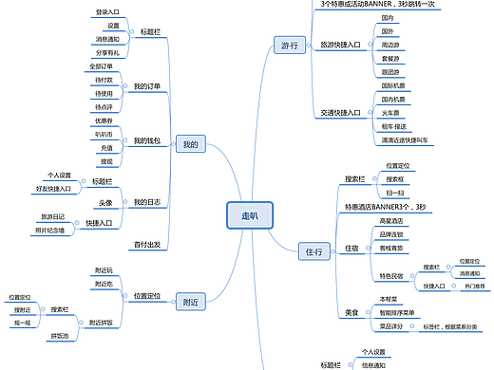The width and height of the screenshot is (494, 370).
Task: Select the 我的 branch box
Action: coord(191,144)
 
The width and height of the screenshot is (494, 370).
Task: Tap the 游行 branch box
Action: coord(289,45)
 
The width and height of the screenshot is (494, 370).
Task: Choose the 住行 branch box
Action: coord(314,251)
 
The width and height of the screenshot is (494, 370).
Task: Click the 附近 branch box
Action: coord(190,302)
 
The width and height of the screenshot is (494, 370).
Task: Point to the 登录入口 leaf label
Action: coord(108,12)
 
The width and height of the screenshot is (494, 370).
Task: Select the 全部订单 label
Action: coord(101,66)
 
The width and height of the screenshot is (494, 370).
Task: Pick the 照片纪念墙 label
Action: coord(49,230)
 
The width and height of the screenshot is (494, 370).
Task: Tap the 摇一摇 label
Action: coord(22,323)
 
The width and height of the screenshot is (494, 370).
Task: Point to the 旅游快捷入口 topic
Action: coord(340,45)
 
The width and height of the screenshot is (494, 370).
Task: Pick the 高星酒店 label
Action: coord(393,220)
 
